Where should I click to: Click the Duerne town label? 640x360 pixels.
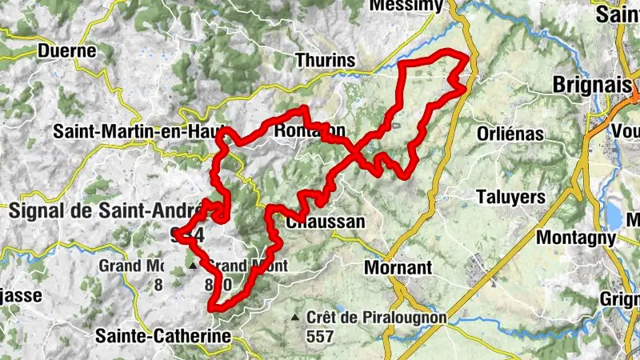[x=67, y=51]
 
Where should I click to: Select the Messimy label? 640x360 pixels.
[x=406, y=6]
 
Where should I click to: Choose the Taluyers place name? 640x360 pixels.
[x=510, y=196]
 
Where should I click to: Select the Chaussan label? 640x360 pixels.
[x=326, y=222]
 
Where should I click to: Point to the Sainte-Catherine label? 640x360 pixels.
[x=164, y=336]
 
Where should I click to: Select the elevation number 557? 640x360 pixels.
[x=319, y=337]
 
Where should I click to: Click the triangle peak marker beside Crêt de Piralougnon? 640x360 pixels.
[x=296, y=318]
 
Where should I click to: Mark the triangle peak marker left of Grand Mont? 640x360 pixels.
[x=192, y=265]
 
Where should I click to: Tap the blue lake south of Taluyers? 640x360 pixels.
[x=613, y=214]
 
